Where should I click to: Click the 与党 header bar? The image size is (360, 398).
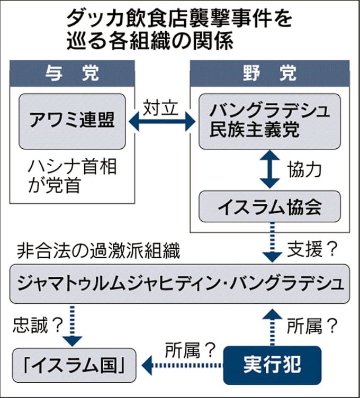73,73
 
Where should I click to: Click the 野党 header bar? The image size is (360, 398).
269,73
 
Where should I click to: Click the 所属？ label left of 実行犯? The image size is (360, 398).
190,349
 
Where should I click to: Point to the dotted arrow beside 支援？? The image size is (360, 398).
272,242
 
